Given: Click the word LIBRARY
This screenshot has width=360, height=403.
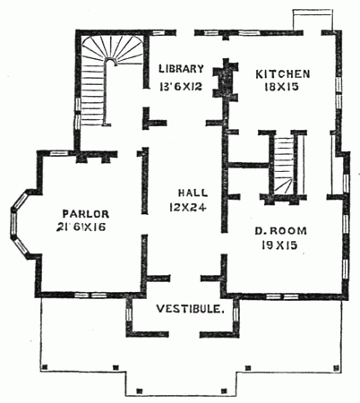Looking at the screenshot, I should (x=183, y=69).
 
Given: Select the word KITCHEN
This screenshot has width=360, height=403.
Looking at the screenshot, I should (x=283, y=73).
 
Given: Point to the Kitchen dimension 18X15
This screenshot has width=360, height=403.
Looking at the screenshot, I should (x=283, y=89).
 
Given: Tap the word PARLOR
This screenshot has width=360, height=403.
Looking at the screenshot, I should (x=87, y=213).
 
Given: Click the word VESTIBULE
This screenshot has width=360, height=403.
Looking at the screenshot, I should (x=187, y=310).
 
